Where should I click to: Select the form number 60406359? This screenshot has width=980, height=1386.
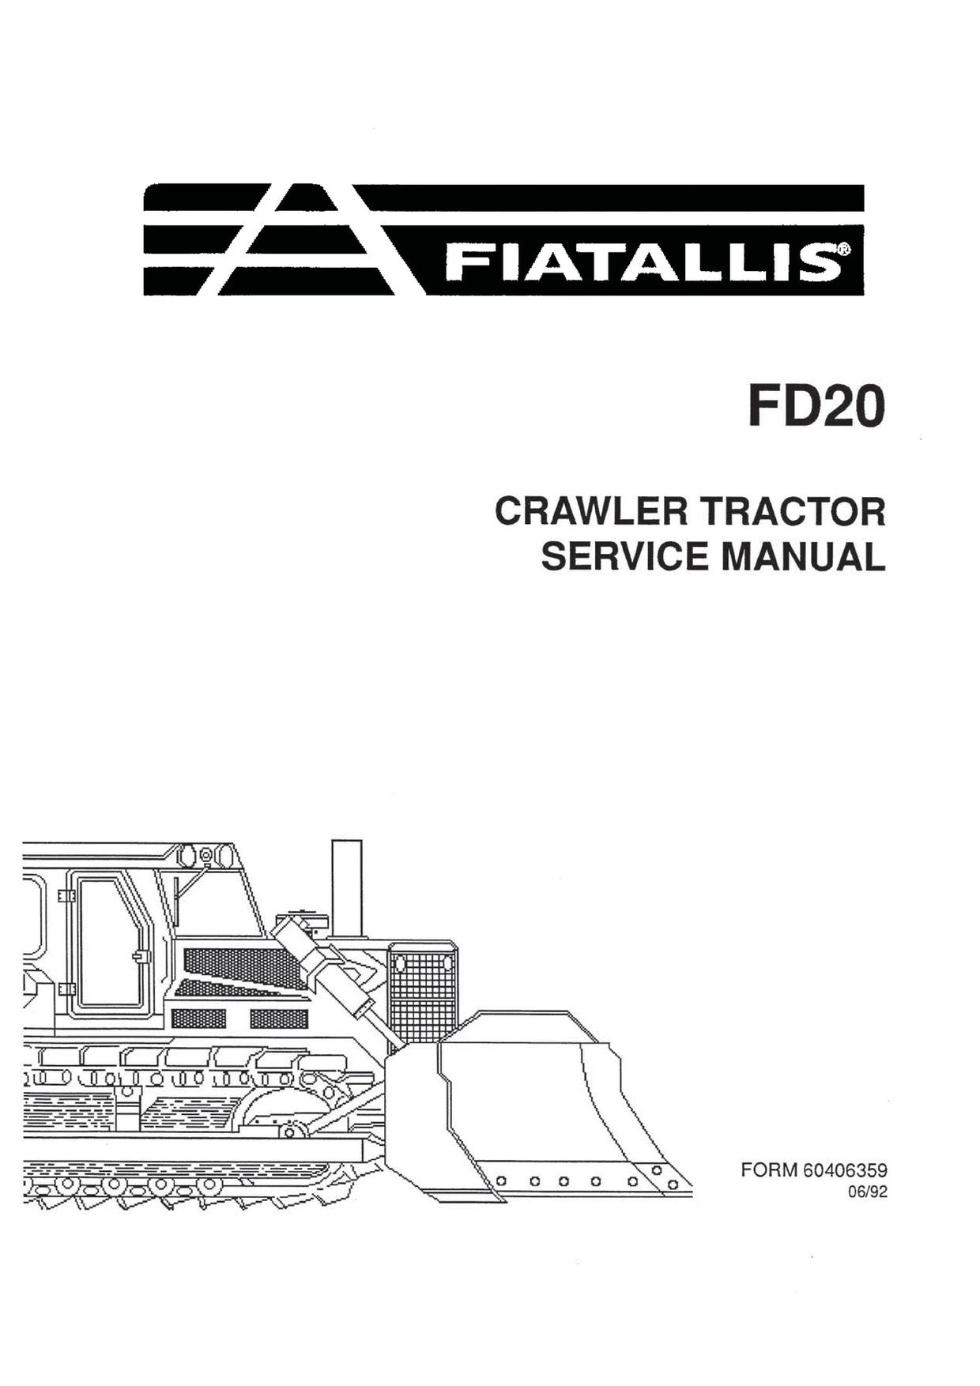tap(845, 1170)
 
